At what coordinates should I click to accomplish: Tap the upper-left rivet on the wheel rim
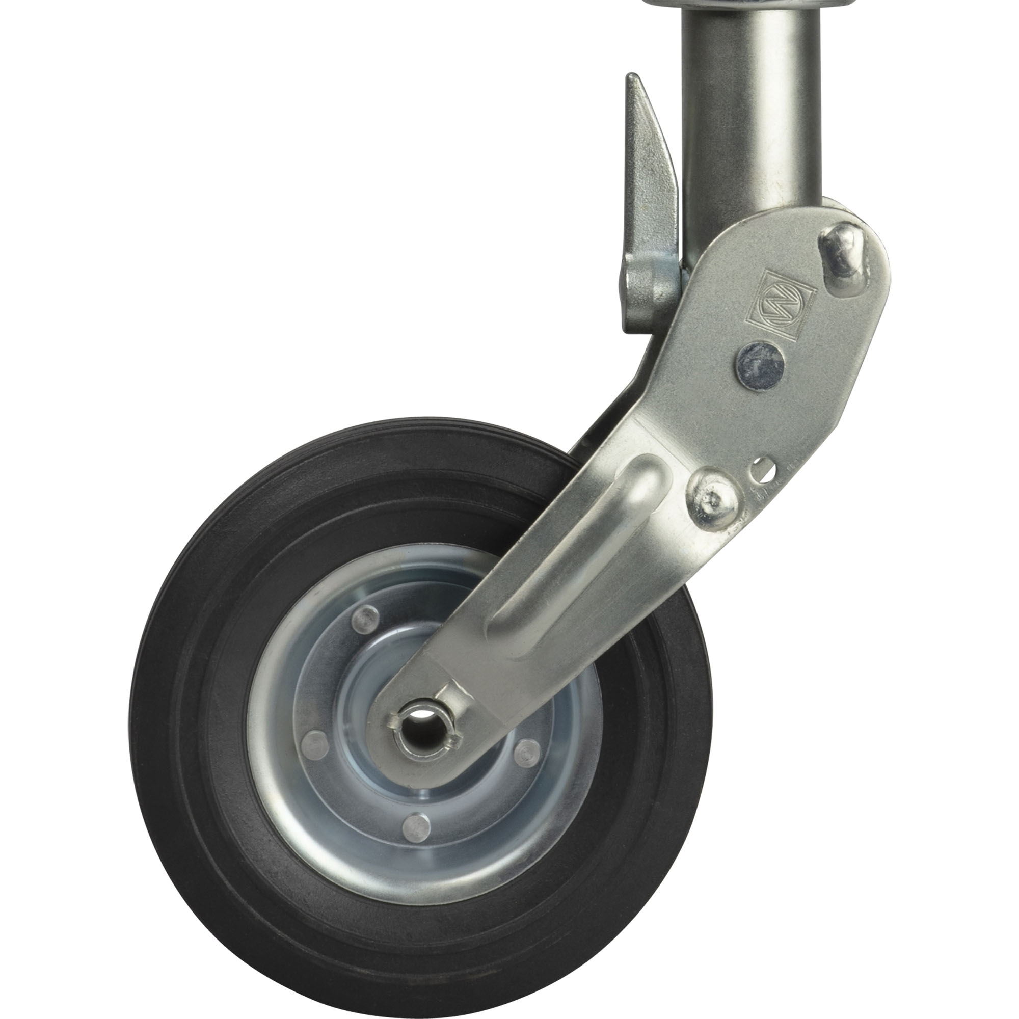coord(363,616)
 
